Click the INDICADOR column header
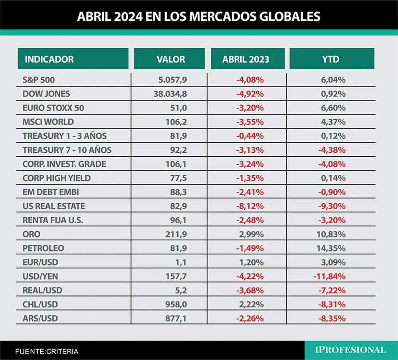tap(49, 59)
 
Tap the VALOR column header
tap(171, 59)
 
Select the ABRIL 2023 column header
tap(246, 59)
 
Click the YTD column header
tap(331, 59)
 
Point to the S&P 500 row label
tap(39, 80)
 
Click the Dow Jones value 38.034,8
tap(170, 94)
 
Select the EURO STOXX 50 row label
tap(53, 108)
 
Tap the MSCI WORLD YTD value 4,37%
tap(333, 122)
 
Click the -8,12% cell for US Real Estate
tap(250, 206)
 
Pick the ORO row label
tap(32, 234)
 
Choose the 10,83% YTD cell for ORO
tap(331, 234)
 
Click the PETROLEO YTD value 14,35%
tap(331, 248)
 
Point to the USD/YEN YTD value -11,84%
tap(329, 276)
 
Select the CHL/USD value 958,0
tap(176, 304)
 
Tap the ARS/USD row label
tap(40, 319)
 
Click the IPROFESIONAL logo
tap(350, 350)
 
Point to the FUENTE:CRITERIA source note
tap(47, 352)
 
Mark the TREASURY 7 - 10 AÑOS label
tap(67, 150)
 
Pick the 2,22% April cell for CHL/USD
tap(251, 304)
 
